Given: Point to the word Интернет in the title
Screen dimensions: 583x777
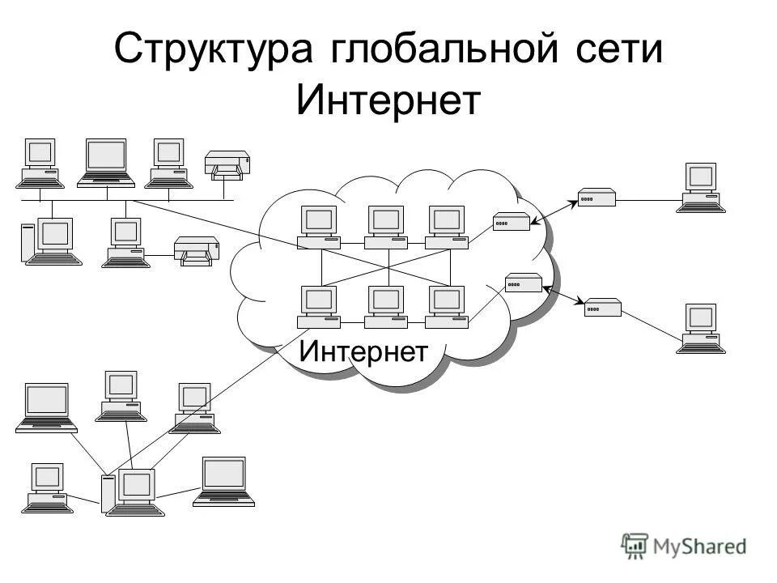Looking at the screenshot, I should (x=388, y=102).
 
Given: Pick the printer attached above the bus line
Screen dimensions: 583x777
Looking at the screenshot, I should (x=227, y=164).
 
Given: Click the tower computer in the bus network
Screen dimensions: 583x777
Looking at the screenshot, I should (x=48, y=241).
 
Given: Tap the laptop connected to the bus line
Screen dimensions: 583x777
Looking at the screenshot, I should (x=106, y=162).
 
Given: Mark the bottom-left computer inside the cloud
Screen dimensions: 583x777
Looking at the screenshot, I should (x=319, y=307).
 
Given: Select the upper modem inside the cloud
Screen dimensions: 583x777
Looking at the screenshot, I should (x=512, y=222).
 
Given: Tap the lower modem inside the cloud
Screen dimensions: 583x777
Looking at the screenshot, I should (x=523, y=283).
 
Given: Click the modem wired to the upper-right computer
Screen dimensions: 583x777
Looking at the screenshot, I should (x=597, y=197).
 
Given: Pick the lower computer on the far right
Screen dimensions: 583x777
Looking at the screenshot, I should (x=701, y=329).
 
